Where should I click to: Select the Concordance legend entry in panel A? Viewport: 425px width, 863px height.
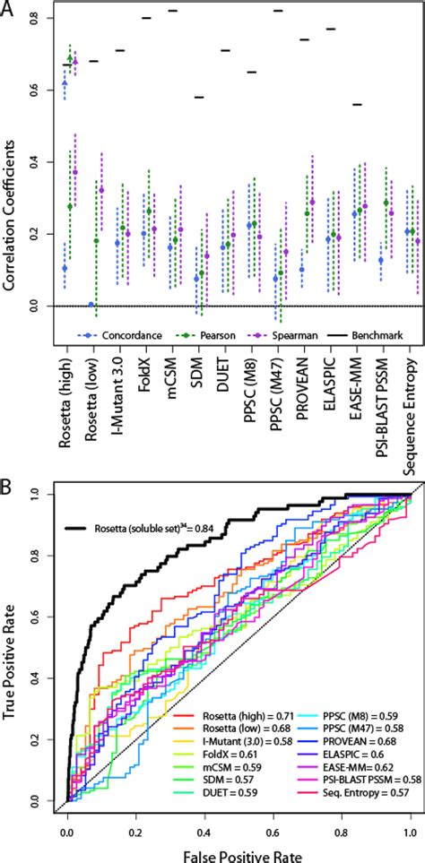(130, 335)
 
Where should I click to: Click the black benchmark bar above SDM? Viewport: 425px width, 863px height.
(199, 97)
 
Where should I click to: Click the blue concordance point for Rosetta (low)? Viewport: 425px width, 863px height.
(91, 305)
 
